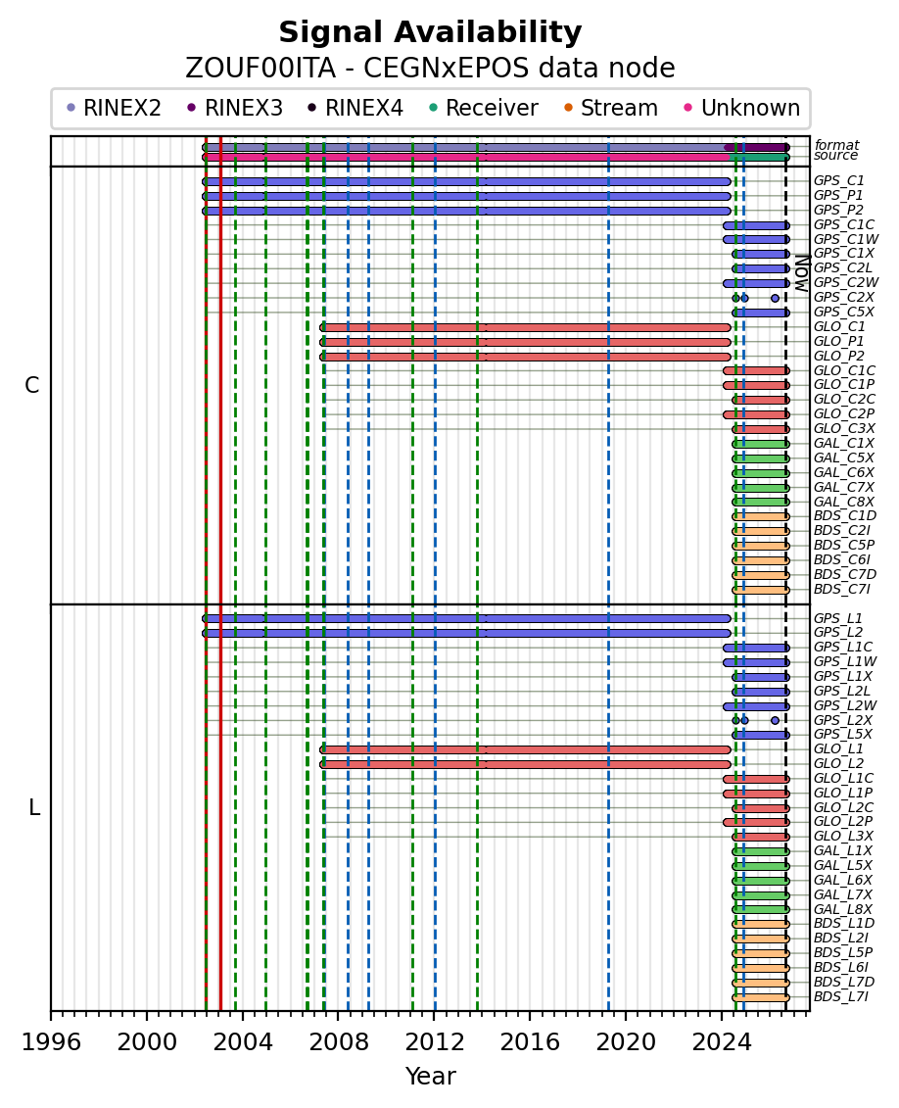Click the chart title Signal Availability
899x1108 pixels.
[x=430, y=32]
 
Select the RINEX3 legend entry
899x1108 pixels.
[x=236, y=108]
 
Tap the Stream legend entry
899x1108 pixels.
[x=611, y=108]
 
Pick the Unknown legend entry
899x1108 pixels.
[x=742, y=108]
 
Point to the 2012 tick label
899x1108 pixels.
[x=434, y=1042]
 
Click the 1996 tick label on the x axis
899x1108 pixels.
[x=51, y=1042]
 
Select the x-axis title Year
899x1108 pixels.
[x=430, y=1077]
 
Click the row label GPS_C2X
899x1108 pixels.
[x=844, y=298]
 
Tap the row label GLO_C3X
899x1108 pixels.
[x=844, y=428]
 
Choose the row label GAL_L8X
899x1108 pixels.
[x=843, y=909]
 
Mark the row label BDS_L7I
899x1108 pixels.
[x=841, y=997]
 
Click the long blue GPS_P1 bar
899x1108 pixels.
[x=466, y=197]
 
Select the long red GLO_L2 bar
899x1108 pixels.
[x=526, y=764]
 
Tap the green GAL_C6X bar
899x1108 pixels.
[x=760, y=473]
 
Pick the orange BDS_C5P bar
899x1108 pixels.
[x=760, y=546]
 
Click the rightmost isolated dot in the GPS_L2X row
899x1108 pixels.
[x=775, y=721]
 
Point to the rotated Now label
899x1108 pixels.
[x=802, y=273]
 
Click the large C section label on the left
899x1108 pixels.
[x=32, y=385]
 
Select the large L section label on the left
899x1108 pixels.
[x=34, y=807]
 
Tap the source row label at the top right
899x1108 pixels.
[x=835, y=156]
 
